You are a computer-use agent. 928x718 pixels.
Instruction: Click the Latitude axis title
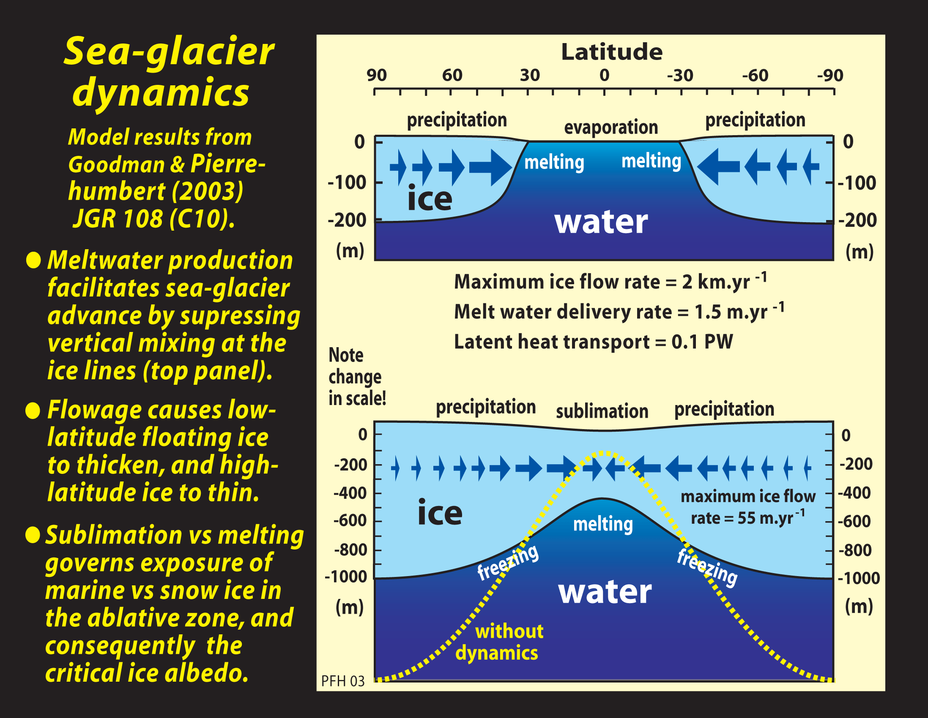(x=611, y=52)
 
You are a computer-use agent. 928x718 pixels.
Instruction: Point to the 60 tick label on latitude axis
(x=452, y=76)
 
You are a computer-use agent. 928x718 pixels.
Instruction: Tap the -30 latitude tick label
(x=680, y=76)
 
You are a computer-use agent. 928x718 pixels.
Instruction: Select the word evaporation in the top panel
(x=610, y=127)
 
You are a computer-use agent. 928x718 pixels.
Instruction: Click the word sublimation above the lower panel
(x=602, y=411)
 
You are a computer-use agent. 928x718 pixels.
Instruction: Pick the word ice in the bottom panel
(x=439, y=512)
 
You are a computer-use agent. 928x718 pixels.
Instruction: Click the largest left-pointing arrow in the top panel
(x=718, y=166)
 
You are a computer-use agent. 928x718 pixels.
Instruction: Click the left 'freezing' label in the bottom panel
(x=507, y=563)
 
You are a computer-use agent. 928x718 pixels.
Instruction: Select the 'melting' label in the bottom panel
(x=602, y=524)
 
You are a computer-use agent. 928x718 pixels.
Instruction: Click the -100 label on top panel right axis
(x=857, y=183)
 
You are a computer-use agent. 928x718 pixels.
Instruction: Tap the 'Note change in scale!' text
(x=356, y=377)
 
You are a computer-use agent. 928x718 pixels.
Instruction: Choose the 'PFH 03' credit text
(x=342, y=681)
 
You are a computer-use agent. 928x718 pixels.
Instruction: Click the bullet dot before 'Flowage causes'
(x=33, y=411)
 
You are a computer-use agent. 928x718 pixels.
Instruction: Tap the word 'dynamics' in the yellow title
(x=161, y=93)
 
